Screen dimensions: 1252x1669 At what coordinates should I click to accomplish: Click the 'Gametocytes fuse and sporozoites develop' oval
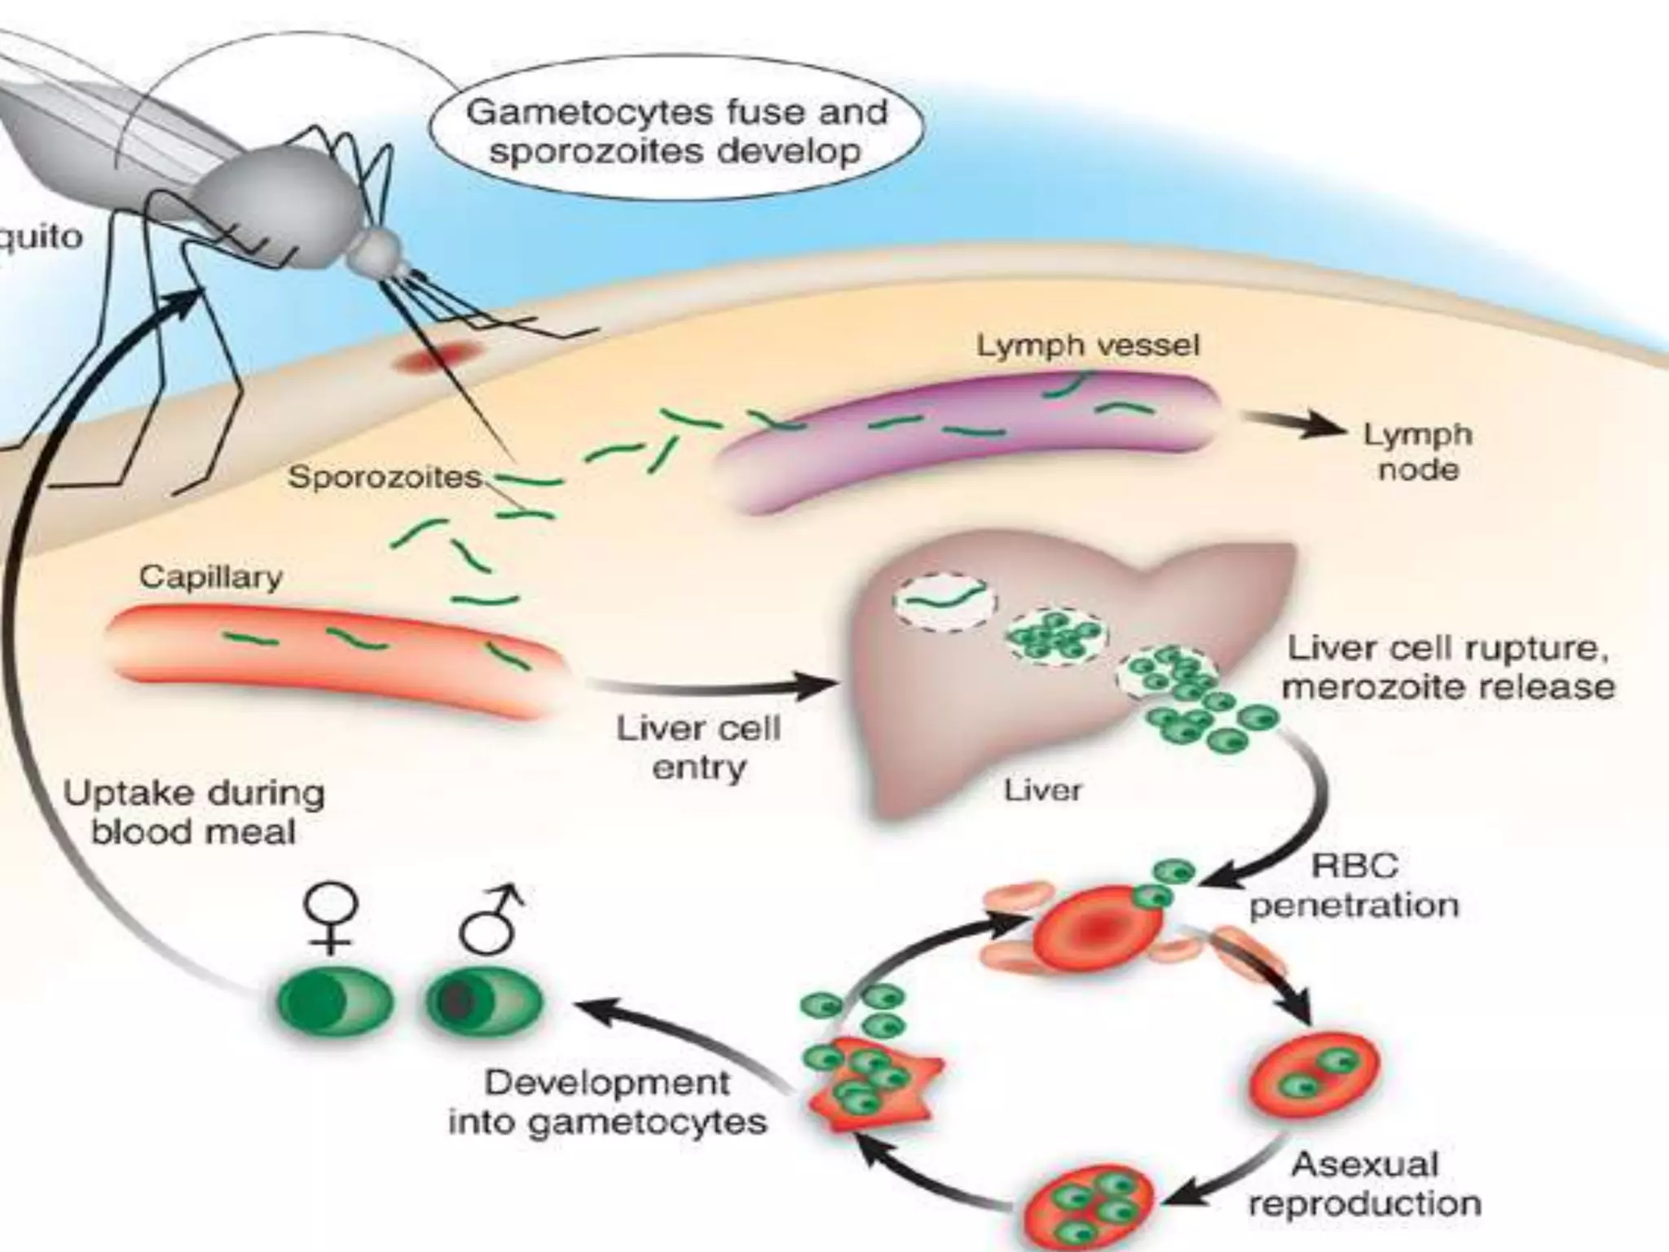pos(676,130)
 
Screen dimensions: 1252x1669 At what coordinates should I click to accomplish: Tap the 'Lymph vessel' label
pos(1088,346)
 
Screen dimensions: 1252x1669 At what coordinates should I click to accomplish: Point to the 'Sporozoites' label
pos(384,477)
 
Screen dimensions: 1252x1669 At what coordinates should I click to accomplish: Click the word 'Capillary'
pos(210,577)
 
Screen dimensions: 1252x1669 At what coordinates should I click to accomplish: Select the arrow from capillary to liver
pos(709,686)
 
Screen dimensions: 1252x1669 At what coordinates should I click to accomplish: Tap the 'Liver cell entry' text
pos(698,747)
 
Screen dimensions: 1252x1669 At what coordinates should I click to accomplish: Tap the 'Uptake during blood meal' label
pos(193,812)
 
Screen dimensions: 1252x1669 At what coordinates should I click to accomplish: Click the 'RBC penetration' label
pos(1354,885)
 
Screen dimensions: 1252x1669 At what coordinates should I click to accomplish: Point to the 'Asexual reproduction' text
pos(1365,1183)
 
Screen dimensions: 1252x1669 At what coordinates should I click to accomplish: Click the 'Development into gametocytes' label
pos(607,1102)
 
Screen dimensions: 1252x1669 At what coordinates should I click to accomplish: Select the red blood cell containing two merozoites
pos(1315,1073)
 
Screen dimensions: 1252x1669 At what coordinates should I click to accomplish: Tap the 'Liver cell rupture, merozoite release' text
pos(1447,667)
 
